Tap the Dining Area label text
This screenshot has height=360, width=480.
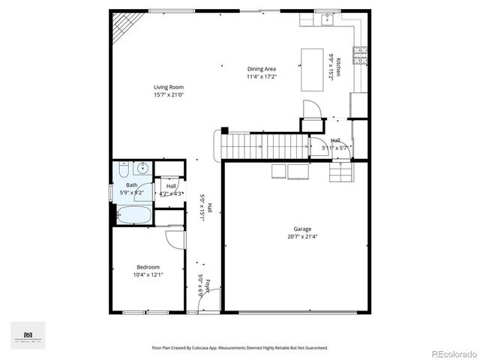click(x=262, y=69)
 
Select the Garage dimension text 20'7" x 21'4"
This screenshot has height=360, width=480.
click(x=302, y=237)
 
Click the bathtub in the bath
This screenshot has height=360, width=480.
click(x=134, y=215)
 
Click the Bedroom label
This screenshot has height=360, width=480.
click(x=147, y=267)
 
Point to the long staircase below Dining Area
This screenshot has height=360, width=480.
click(x=262, y=144)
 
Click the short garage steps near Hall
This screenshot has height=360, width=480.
click(x=340, y=174)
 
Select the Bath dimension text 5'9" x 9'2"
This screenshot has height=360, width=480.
click(x=132, y=193)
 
